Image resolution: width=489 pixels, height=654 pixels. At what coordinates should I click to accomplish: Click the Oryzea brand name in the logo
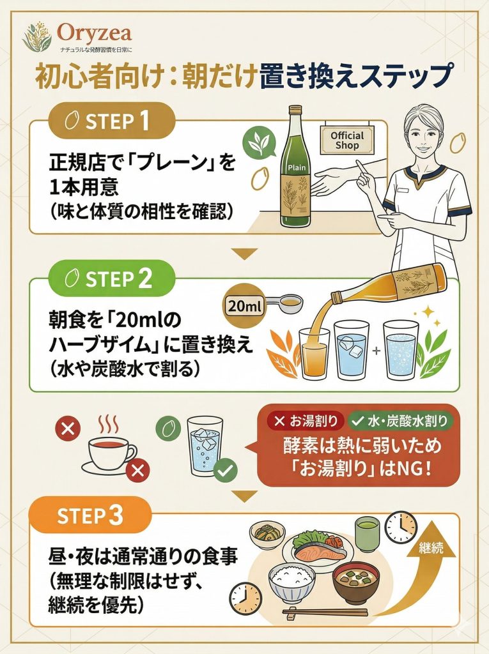[94, 33]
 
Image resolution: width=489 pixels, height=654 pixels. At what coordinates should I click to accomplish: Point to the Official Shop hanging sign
[347, 140]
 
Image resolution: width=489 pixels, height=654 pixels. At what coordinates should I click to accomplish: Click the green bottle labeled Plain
[295, 169]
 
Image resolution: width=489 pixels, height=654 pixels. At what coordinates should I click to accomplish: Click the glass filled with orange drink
[314, 355]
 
